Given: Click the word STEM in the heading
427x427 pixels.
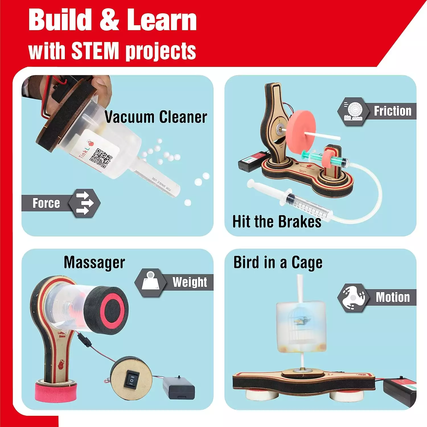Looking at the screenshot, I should pos(95,51).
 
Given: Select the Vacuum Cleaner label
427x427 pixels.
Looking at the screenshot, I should pos(156,117).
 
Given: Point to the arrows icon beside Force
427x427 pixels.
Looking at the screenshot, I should pos(85,203).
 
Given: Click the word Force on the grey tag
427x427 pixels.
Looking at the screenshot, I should pos(46,203).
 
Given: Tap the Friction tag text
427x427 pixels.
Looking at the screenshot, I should pos(393,111).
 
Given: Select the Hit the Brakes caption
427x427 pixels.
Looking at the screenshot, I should pos(277,221).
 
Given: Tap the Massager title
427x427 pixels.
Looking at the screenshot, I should pos(94,262).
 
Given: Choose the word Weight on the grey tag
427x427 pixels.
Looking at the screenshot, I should pos(190,282).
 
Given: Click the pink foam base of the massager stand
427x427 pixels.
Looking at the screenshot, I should pos(56,390).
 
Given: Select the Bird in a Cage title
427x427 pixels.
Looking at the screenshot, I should pos(278,262).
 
